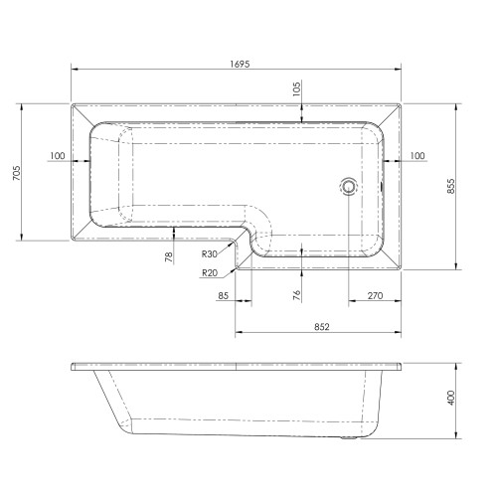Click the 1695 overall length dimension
pyautogui.click(x=240, y=64)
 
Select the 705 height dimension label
pyautogui.click(x=17, y=173)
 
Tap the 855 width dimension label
pyautogui.click(x=451, y=186)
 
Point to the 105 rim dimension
pyautogui.click(x=296, y=88)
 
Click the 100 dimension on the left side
pyautogui.click(x=58, y=156)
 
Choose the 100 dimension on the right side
pyautogui.click(x=417, y=156)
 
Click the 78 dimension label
pyautogui.click(x=169, y=256)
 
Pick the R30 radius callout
pyautogui.click(x=210, y=254)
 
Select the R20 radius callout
pyautogui.click(x=210, y=273)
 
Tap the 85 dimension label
pyautogui.click(x=224, y=295)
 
